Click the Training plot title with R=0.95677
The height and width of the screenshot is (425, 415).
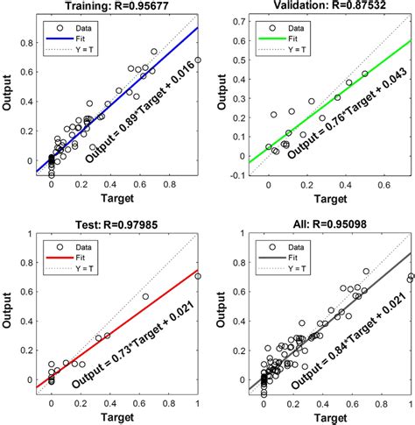pos(118,8)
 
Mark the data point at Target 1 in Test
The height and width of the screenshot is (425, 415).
pos(198,276)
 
